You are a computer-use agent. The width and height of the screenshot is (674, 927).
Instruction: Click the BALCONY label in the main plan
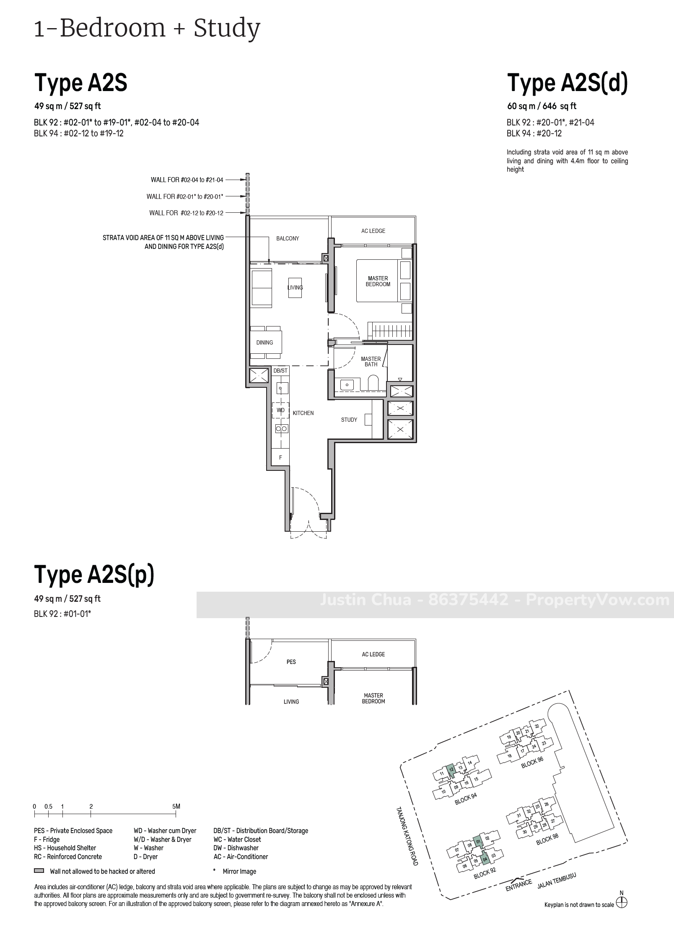288,238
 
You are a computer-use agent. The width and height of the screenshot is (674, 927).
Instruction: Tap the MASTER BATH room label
371,361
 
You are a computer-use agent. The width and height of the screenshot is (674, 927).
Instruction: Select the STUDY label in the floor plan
349,420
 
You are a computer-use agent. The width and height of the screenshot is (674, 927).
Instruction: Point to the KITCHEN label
303,413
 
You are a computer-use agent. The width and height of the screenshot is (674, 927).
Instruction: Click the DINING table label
264,342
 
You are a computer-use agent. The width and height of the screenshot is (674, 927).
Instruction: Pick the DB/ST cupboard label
280,371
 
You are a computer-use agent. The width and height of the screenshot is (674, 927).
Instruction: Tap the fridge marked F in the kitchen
280,457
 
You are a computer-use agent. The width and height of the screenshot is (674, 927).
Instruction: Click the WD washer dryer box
280,410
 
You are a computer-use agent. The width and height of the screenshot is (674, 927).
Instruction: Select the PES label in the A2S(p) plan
291,662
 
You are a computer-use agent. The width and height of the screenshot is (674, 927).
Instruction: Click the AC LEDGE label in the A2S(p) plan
373,654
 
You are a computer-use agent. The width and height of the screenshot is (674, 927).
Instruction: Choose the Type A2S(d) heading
568,83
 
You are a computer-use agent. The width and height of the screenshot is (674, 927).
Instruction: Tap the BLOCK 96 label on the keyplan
532,763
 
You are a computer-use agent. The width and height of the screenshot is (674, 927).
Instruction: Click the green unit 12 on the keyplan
451,770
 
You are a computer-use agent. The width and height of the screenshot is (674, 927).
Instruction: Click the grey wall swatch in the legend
39,871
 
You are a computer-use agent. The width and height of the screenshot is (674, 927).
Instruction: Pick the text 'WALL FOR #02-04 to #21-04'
187,180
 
